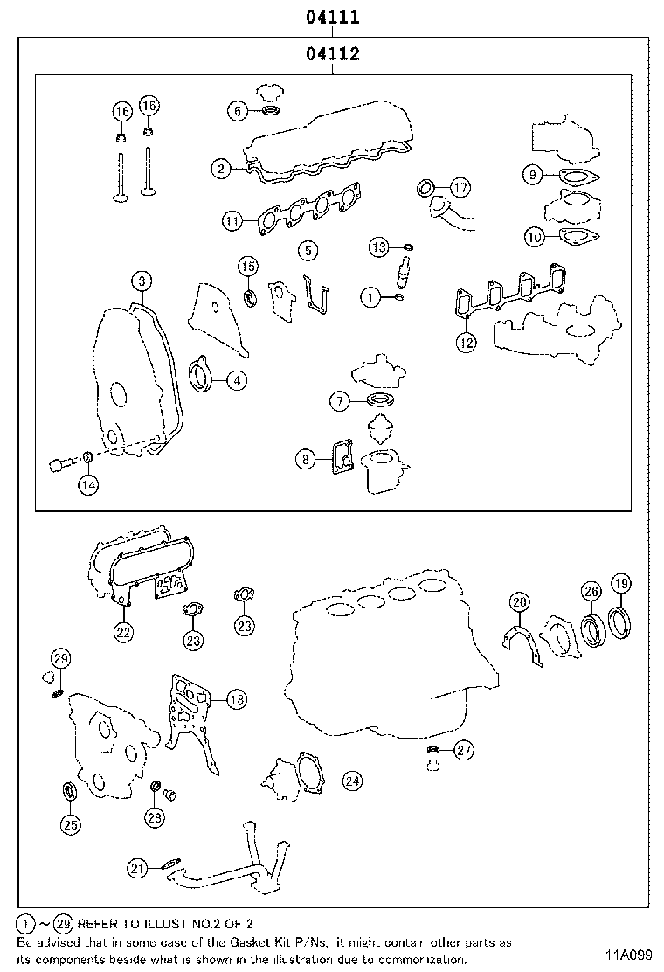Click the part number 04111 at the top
pyautogui.click(x=333, y=17)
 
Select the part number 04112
pyautogui.click(x=333, y=54)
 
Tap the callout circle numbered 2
pyautogui.click(x=221, y=168)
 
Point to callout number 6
pyautogui.click(x=236, y=110)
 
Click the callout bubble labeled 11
pyautogui.click(x=232, y=221)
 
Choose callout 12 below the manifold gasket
pyautogui.click(x=467, y=343)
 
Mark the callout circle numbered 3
pyautogui.click(x=142, y=281)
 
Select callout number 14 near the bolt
pyautogui.click(x=88, y=483)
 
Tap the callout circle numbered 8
pyautogui.click(x=305, y=458)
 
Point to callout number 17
pyautogui.click(x=460, y=186)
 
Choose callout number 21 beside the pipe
pyautogui.click(x=137, y=868)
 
